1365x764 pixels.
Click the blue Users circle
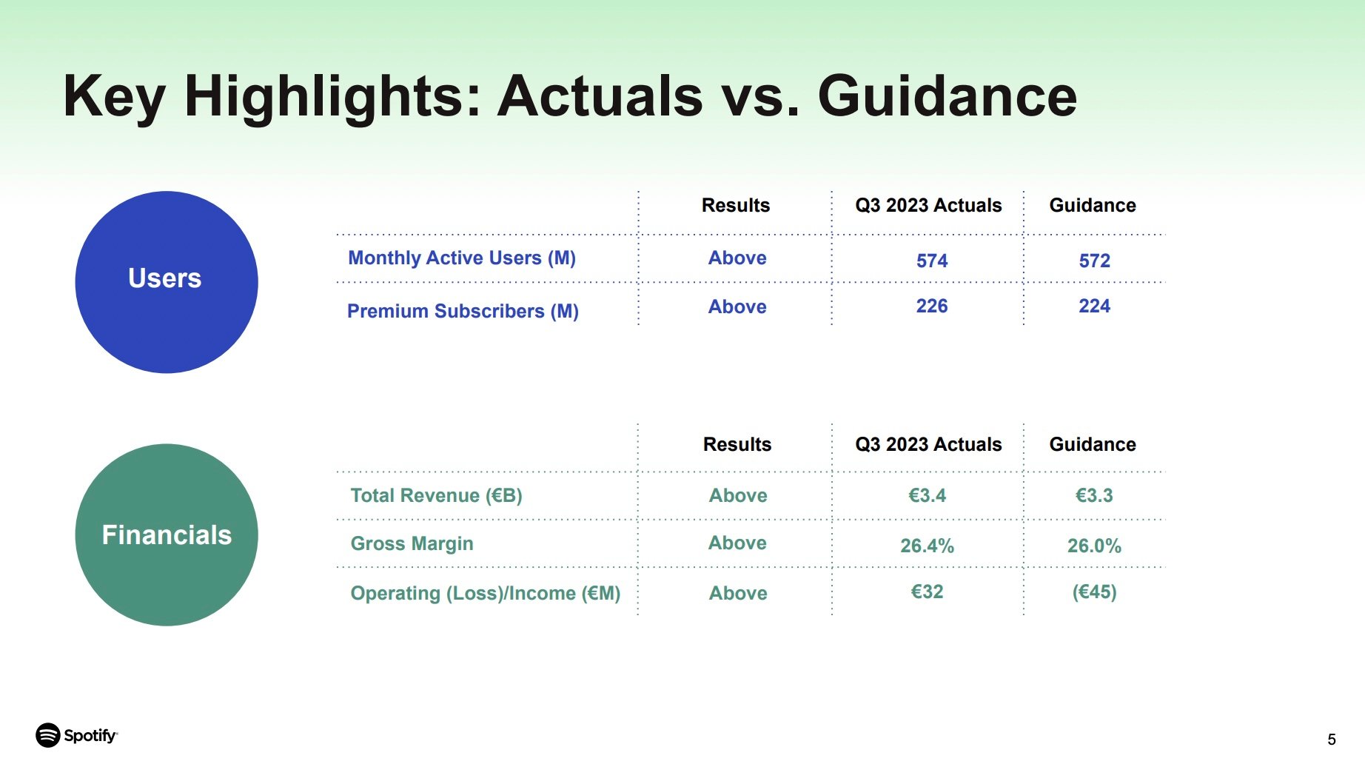click(x=167, y=282)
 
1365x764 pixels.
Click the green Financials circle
click(x=167, y=535)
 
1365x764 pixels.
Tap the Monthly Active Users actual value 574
click(x=932, y=261)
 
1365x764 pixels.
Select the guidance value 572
click(x=1095, y=261)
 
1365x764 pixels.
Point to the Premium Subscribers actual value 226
click(x=932, y=306)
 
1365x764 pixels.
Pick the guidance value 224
click(x=1095, y=306)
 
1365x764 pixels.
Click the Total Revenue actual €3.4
click(x=928, y=495)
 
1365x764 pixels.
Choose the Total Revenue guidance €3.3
click(x=1094, y=495)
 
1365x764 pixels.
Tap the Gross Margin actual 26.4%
click(x=928, y=546)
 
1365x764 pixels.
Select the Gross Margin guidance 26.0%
click(x=1094, y=546)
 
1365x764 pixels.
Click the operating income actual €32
click(x=928, y=592)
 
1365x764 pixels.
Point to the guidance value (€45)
click(x=1095, y=592)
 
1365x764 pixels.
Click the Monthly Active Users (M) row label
click(x=462, y=258)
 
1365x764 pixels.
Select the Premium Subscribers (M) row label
click(x=463, y=311)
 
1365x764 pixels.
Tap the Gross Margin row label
click(x=412, y=543)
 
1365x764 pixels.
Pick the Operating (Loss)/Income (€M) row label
click(x=486, y=593)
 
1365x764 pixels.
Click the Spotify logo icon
click(x=48, y=735)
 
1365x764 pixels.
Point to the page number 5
click(x=1332, y=740)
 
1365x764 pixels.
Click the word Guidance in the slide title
click(x=948, y=95)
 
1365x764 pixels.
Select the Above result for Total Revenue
click(x=738, y=495)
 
